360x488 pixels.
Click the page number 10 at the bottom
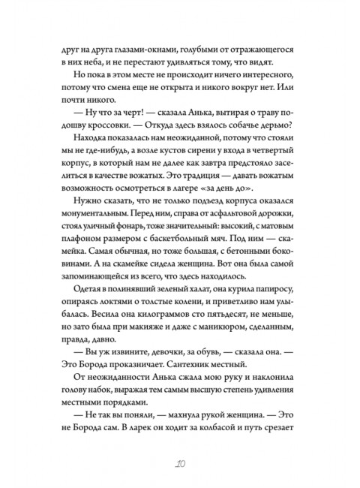click(x=180, y=461)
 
